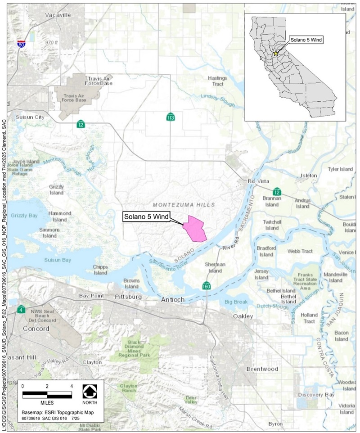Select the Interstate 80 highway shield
(21, 43)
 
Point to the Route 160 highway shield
(206, 286)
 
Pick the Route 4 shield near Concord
(21, 310)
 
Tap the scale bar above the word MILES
(47, 395)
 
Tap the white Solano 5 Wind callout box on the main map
(146, 216)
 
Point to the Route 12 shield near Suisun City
(81, 124)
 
